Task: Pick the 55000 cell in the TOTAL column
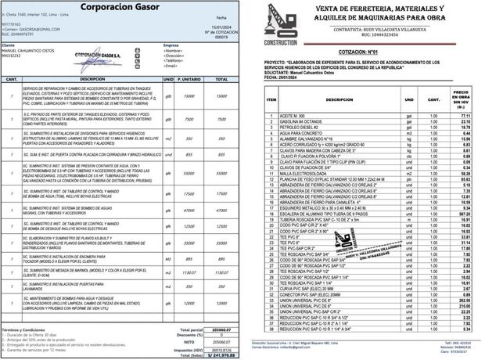tap(221, 173)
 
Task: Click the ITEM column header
tap(271, 100)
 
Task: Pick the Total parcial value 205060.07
tap(221, 330)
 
